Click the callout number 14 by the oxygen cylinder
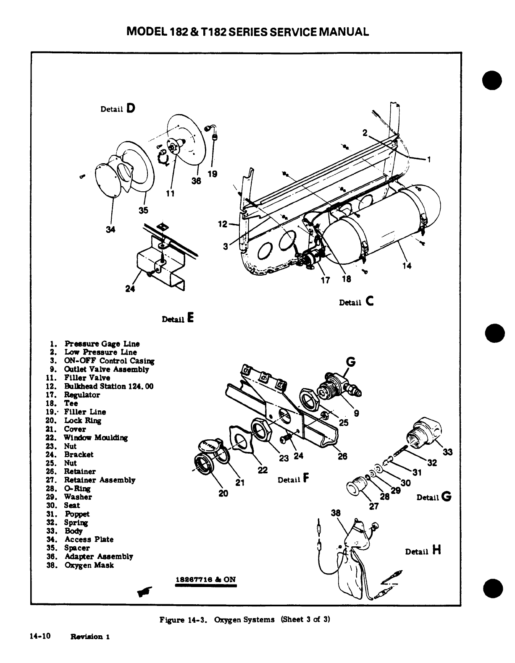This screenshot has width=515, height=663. [406, 265]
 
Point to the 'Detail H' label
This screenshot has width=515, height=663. [423, 551]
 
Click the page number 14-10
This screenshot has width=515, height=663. [40, 636]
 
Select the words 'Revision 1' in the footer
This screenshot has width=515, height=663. [90, 637]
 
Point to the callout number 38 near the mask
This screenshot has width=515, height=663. [336, 513]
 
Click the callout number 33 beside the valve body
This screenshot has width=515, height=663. [448, 452]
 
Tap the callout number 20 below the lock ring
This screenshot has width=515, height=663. [223, 493]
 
